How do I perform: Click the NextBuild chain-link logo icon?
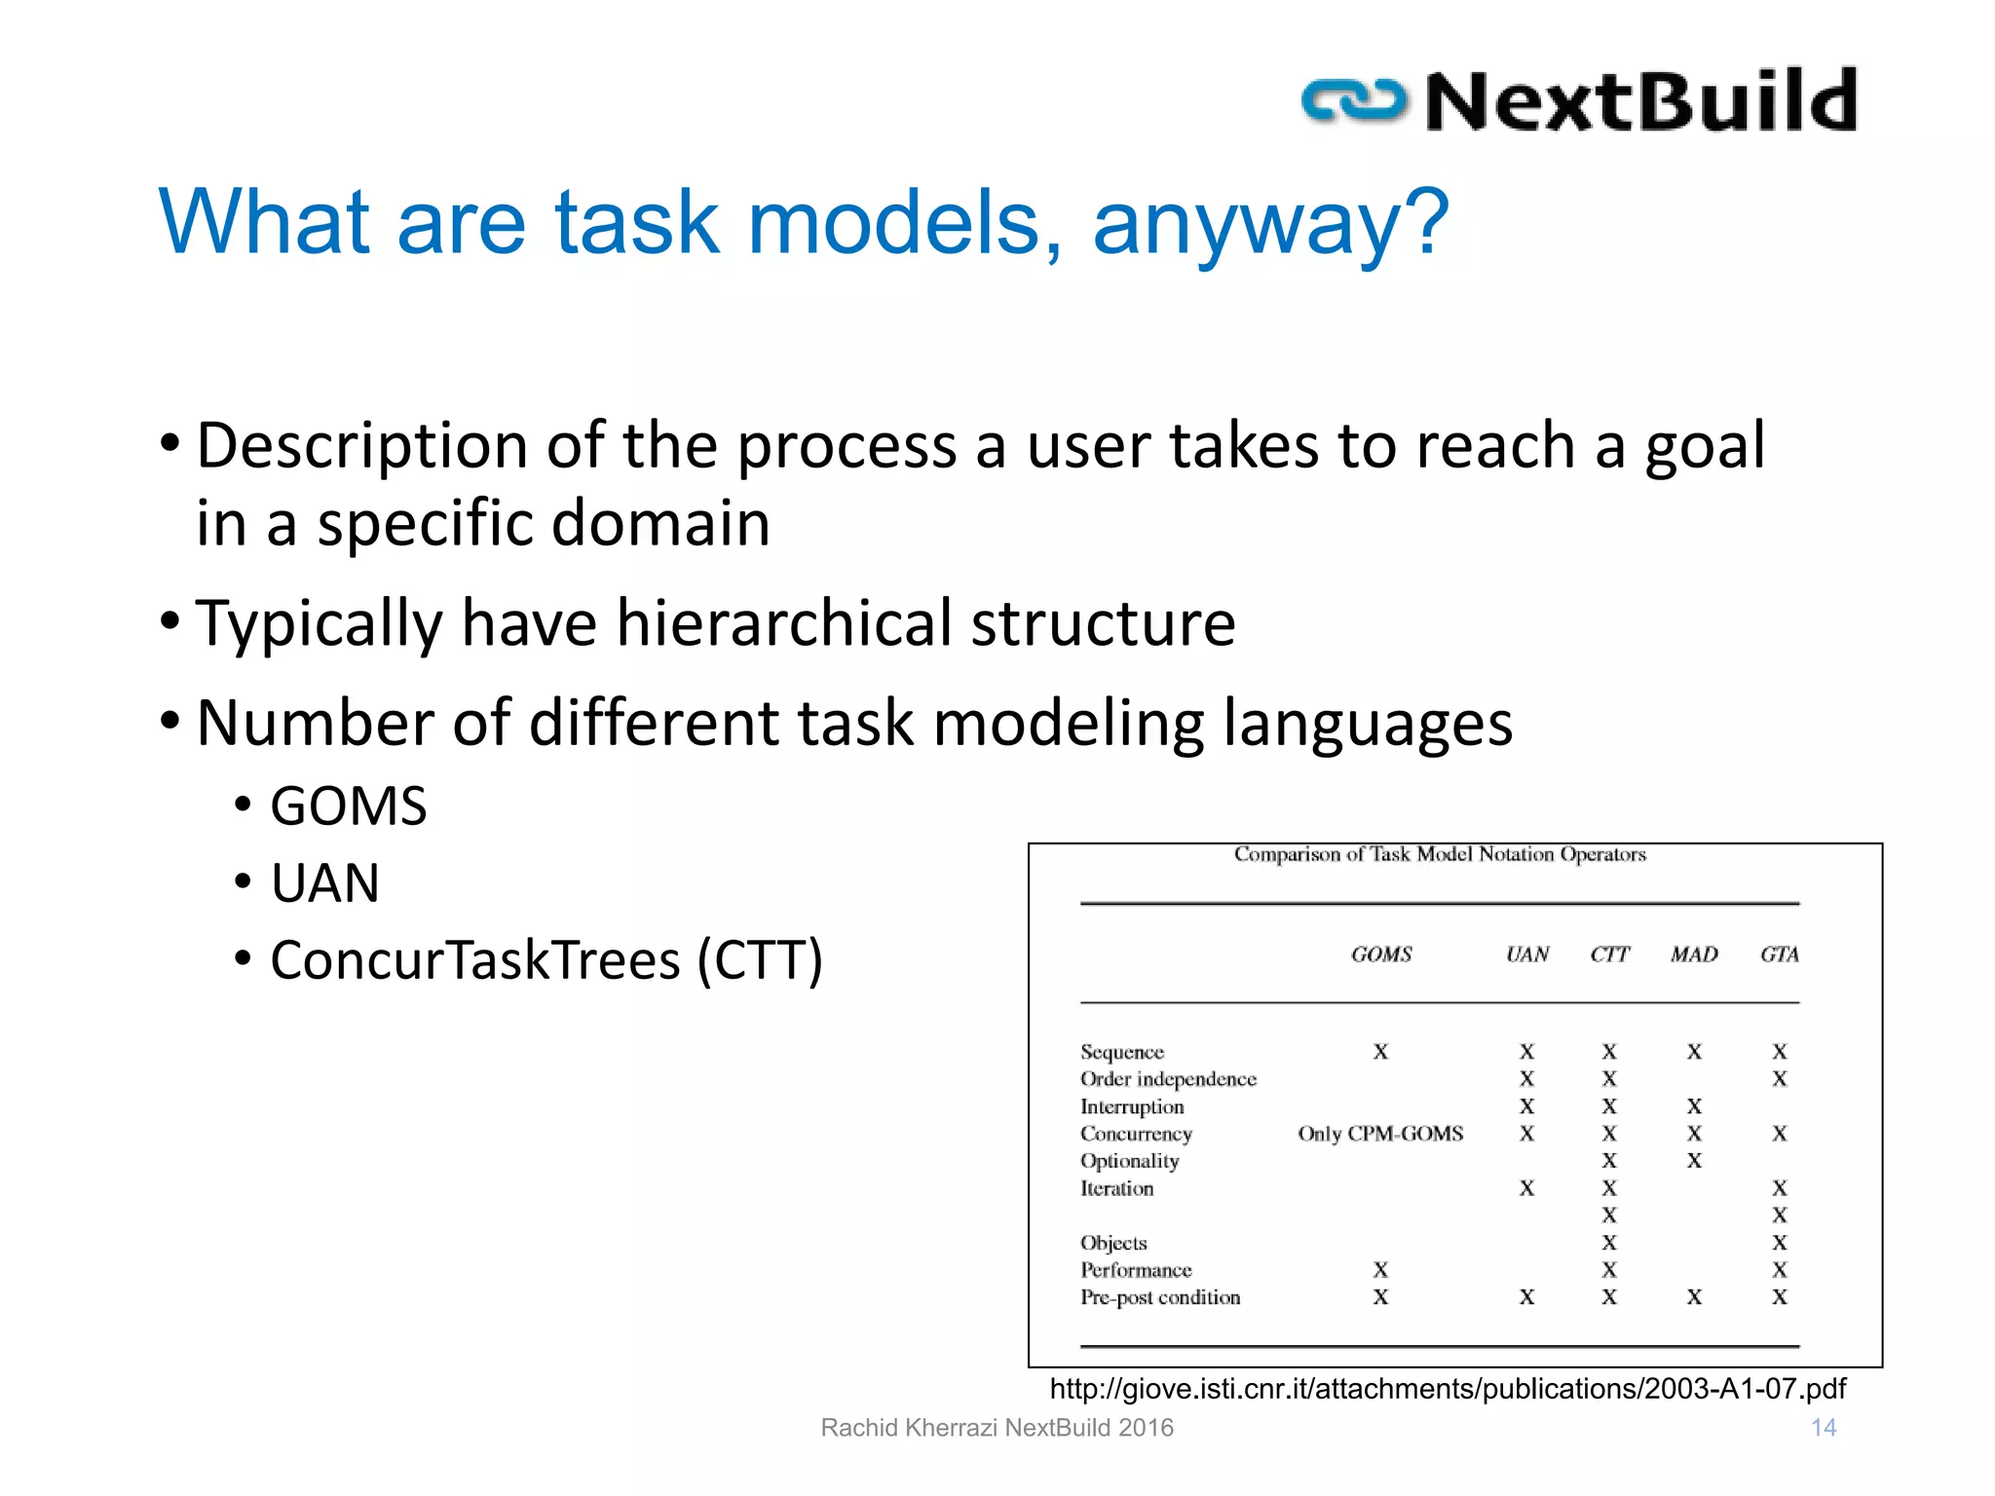click(x=1354, y=101)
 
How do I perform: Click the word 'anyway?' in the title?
click(x=1270, y=224)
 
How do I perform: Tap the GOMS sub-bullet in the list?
click(x=348, y=806)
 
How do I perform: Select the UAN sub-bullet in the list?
click(x=324, y=883)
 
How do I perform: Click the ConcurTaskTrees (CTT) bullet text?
click(x=546, y=960)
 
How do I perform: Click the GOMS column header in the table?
click(x=1380, y=954)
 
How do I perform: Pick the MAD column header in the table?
click(x=1694, y=954)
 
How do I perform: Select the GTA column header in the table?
click(x=1779, y=954)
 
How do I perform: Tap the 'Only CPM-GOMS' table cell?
click(x=1379, y=1134)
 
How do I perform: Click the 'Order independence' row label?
click(x=1168, y=1079)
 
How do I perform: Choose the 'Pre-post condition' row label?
click(x=1159, y=1297)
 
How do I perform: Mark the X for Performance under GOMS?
click(x=1380, y=1270)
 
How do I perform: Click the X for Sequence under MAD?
click(x=1694, y=1052)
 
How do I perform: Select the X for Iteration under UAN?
click(x=1526, y=1188)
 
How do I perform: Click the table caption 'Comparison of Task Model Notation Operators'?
click(x=1439, y=855)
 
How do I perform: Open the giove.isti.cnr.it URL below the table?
click(x=1448, y=1389)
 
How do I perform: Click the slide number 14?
click(x=1823, y=1428)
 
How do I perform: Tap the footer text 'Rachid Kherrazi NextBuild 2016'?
click(x=997, y=1428)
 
